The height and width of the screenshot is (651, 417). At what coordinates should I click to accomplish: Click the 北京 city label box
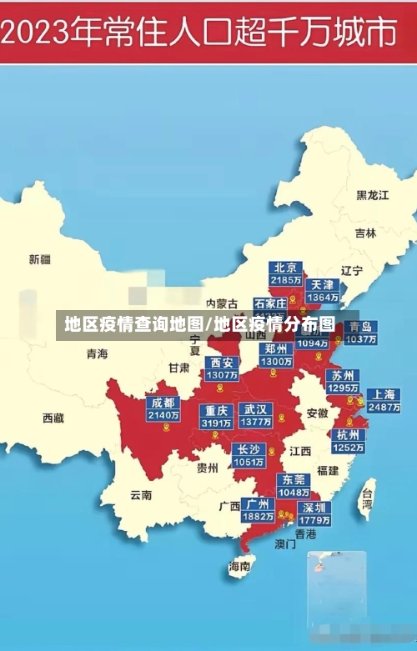(x=286, y=268)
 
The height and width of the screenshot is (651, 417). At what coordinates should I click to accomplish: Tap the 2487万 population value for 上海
(x=384, y=408)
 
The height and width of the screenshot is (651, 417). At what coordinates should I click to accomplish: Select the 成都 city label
(x=163, y=403)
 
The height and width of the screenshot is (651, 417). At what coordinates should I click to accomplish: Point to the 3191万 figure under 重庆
(x=216, y=423)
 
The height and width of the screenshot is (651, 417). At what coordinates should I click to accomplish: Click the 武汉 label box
(x=255, y=409)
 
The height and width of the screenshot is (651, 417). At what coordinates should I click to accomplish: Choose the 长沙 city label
(x=249, y=449)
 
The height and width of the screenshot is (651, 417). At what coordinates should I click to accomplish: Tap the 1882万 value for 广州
(x=258, y=517)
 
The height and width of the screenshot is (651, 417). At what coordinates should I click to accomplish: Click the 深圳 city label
(x=315, y=507)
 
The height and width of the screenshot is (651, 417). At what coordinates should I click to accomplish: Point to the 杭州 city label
(x=348, y=434)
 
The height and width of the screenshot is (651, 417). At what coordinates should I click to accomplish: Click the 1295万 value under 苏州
(x=343, y=388)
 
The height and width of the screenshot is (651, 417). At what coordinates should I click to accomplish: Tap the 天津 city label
(x=322, y=284)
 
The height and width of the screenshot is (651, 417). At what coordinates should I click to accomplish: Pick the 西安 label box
(x=222, y=363)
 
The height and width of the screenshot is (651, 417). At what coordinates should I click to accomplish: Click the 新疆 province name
(x=40, y=259)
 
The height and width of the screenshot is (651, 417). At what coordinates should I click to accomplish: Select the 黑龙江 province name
(x=373, y=195)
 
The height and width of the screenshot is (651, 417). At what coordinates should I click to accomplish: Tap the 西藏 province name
(x=53, y=418)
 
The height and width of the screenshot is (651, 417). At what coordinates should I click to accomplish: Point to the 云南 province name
(x=141, y=494)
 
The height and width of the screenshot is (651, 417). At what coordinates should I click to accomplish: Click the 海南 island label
(x=239, y=567)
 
